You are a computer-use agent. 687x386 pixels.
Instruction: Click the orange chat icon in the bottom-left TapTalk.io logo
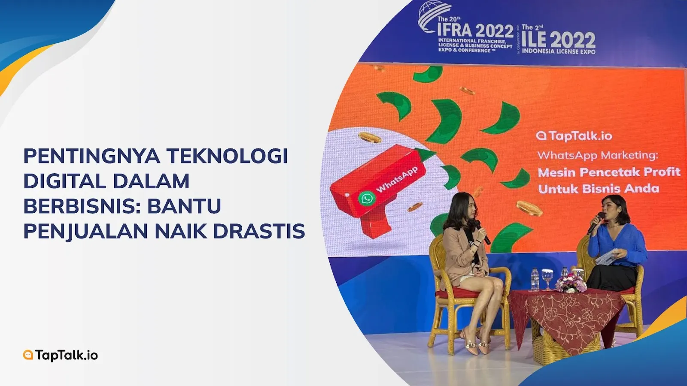pyautogui.click(x=28, y=355)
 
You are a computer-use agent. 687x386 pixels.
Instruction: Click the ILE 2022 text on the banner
pyautogui.click(x=559, y=40)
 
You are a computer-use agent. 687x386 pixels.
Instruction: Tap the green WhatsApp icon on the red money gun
pyautogui.click(x=367, y=199)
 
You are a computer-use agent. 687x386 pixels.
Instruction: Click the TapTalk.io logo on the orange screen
pyautogui.click(x=574, y=136)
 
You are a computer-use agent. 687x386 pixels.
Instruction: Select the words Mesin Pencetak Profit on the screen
pyautogui.click(x=609, y=172)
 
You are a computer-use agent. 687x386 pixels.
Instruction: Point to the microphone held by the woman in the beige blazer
pyautogui.click(x=483, y=232)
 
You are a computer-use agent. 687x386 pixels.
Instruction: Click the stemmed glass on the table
pyautogui.click(x=547, y=279)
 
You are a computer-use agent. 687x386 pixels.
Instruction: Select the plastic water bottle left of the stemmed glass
pyautogui.click(x=535, y=279)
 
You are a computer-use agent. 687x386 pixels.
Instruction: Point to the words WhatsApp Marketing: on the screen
pyautogui.click(x=598, y=155)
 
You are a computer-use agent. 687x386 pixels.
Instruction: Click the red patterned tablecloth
pyautogui.click(x=567, y=316)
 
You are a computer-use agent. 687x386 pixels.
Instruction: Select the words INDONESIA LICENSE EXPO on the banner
pyautogui.click(x=559, y=51)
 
